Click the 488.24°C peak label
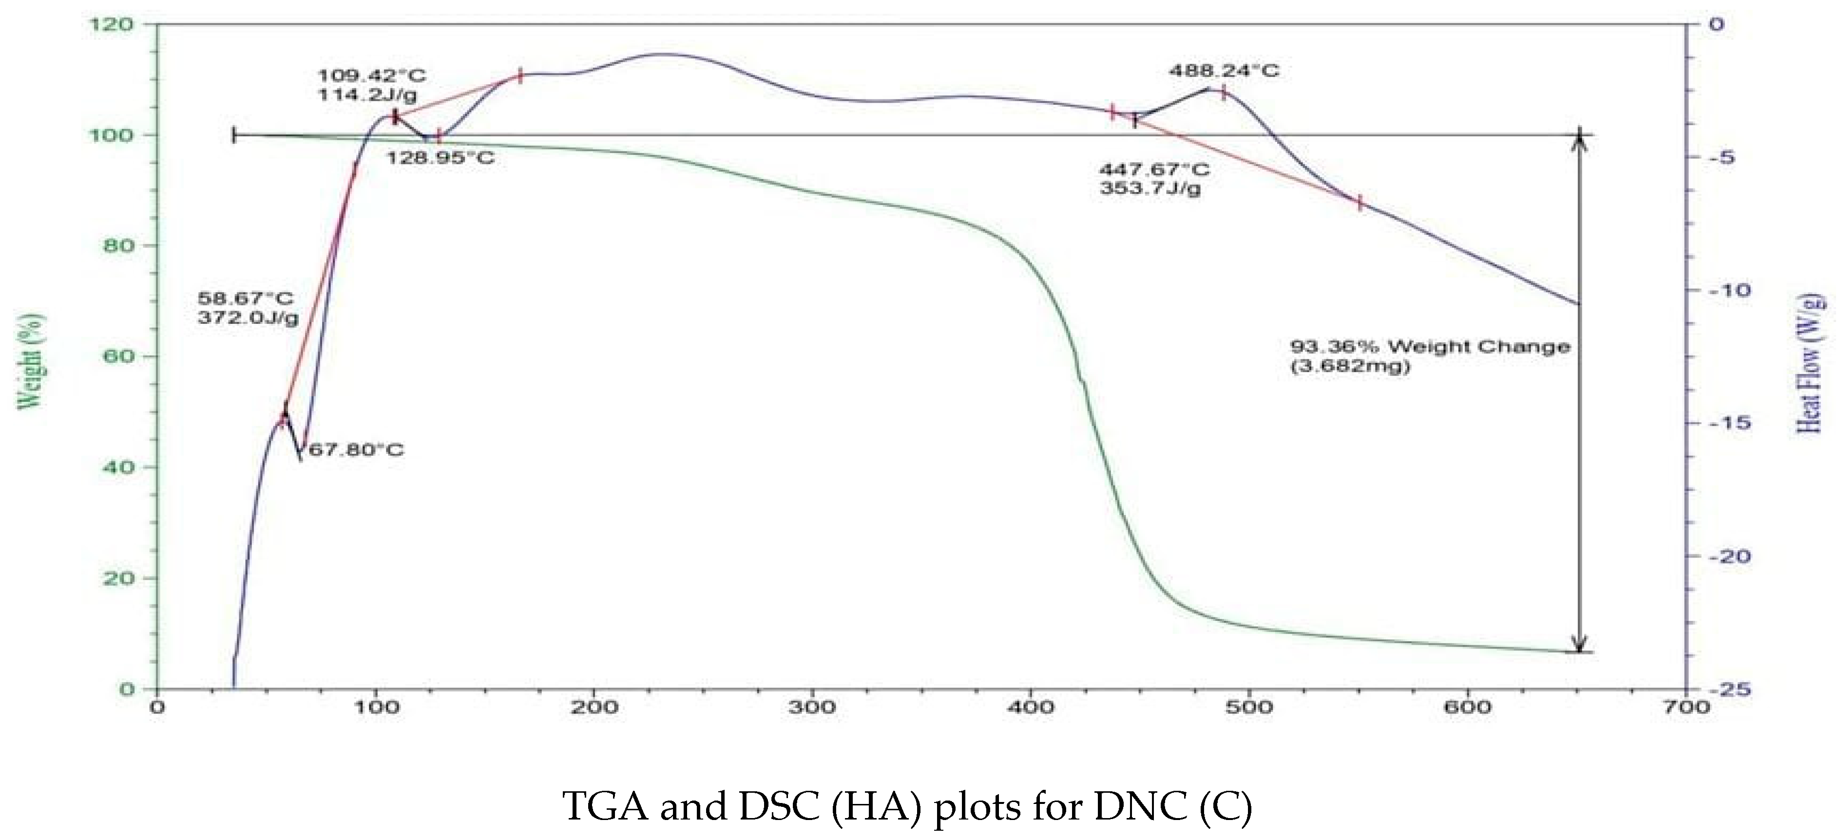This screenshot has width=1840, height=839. (x=1224, y=71)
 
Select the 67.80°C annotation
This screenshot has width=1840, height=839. (x=356, y=450)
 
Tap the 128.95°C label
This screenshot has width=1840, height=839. (x=440, y=158)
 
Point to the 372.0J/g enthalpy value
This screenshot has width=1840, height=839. (x=248, y=317)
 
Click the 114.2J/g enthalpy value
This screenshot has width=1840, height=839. (x=367, y=94)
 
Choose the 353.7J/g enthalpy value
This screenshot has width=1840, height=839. (x=1150, y=188)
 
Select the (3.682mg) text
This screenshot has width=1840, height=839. (x=1350, y=366)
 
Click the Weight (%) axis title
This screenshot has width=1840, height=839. (x=30, y=361)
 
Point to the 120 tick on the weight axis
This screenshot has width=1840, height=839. (x=111, y=24)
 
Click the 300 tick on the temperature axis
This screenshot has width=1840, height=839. (x=813, y=708)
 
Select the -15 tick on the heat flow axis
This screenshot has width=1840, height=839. (x=1728, y=423)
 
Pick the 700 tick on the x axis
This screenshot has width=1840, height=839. (x=1687, y=708)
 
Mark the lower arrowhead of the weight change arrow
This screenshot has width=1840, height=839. (x=1580, y=644)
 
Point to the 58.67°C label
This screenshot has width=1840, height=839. (x=245, y=298)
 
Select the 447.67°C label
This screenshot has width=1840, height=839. (x=1154, y=170)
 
